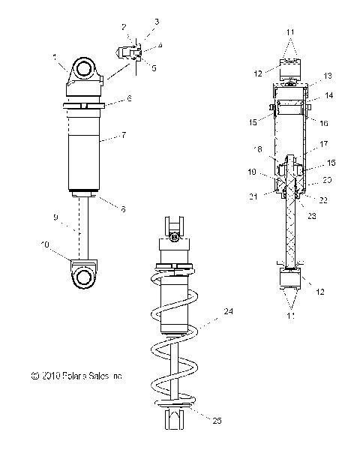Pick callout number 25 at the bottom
point(217,421)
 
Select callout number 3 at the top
point(157,22)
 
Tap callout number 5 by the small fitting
point(154,67)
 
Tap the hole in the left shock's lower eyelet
point(84,277)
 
